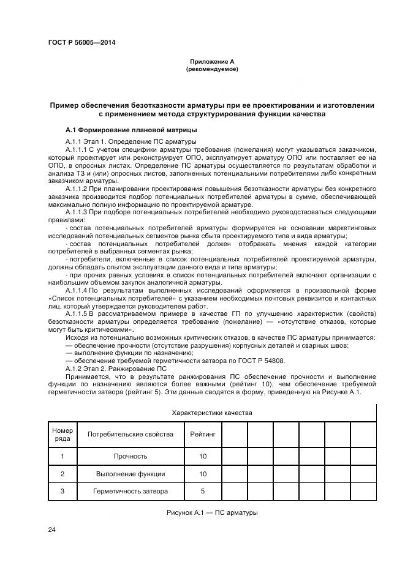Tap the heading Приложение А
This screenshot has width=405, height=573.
(211, 62)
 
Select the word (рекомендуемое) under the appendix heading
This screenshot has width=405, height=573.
(211, 69)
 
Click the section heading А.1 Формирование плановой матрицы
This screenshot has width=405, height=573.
(131, 130)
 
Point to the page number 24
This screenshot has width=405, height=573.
(51, 529)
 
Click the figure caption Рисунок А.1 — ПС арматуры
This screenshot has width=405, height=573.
(211, 512)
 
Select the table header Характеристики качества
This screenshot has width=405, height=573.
(212, 413)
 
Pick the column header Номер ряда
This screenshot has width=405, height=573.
(62, 434)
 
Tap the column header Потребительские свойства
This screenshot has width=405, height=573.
(130, 434)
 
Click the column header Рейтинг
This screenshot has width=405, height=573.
(203, 434)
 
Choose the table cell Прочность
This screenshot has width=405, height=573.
(130, 456)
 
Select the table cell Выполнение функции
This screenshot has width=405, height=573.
(130, 474)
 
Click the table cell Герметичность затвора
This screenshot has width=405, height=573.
(130, 491)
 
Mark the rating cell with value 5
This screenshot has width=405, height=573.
(203, 491)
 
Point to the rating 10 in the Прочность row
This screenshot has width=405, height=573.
(203, 456)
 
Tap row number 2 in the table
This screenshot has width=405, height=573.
(62, 474)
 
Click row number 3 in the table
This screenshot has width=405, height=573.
(62, 491)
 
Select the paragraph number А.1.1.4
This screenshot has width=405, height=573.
(77, 290)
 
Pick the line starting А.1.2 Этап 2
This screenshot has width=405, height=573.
(116, 369)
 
